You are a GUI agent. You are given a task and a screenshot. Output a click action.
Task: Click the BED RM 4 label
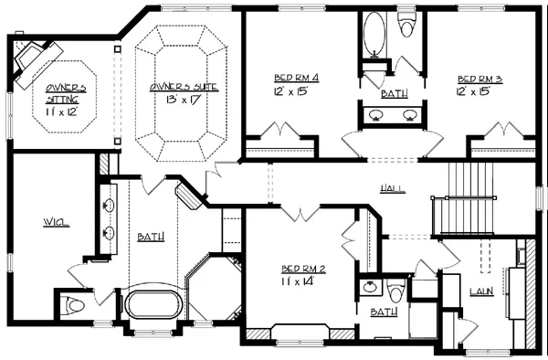coord(296,78)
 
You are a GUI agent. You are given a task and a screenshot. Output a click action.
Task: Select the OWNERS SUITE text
coord(184,87)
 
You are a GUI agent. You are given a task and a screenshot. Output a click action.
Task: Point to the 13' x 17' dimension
coord(183,100)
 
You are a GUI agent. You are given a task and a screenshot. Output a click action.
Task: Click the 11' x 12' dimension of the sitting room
coord(60,111)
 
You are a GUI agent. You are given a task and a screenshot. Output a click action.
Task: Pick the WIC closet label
coord(57,222)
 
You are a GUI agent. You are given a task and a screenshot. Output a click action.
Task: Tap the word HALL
coord(393,189)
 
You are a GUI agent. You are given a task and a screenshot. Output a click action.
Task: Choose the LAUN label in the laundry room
coord(481,291)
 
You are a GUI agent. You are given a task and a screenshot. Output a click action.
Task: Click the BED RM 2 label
coord(303,269)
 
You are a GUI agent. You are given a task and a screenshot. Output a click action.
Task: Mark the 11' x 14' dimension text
coord(298,281)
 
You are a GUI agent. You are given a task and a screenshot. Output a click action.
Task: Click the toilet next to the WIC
coord(73,306)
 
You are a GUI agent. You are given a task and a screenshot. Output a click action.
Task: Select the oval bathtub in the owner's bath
coord(152,304)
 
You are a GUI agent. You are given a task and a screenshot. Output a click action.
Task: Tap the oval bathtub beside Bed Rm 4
coord(374,34)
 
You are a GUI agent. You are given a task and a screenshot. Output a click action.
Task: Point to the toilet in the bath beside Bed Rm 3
coord(406,25)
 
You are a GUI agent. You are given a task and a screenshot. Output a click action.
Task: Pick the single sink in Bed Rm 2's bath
coord(370,287)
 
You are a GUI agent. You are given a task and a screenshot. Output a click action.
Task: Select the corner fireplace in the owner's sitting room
coord(35,63)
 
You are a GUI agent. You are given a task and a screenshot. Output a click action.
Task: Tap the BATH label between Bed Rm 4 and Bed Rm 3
coord(395,94)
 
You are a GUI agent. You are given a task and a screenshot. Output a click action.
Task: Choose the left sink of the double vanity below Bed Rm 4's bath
coord(376,115)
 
